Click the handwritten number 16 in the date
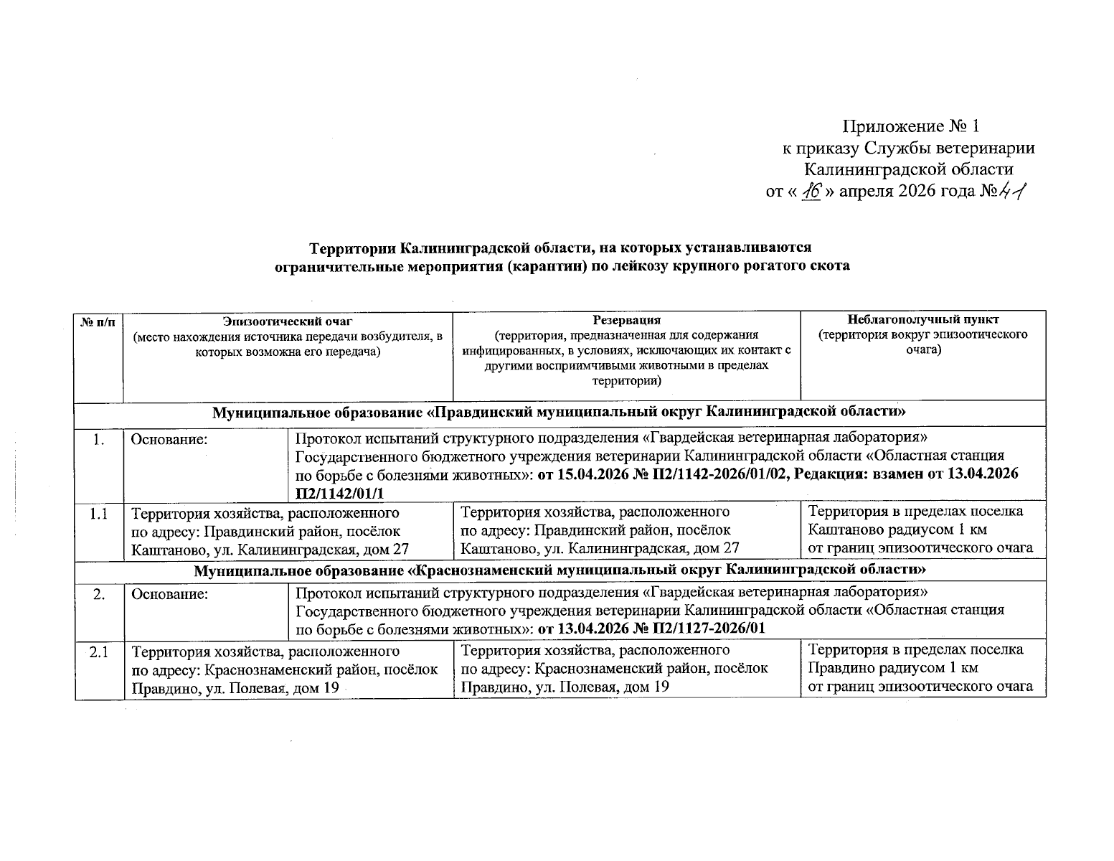811,192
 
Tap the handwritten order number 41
1011,191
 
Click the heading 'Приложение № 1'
910,127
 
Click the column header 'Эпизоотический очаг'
288,321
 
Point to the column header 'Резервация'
626,320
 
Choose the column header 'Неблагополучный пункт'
922,320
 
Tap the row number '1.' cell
98,439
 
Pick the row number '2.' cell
98,594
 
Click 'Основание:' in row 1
169,439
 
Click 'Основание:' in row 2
169,594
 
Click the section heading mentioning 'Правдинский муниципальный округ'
559,413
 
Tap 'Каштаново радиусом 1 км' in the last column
897,530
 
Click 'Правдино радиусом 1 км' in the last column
893,668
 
